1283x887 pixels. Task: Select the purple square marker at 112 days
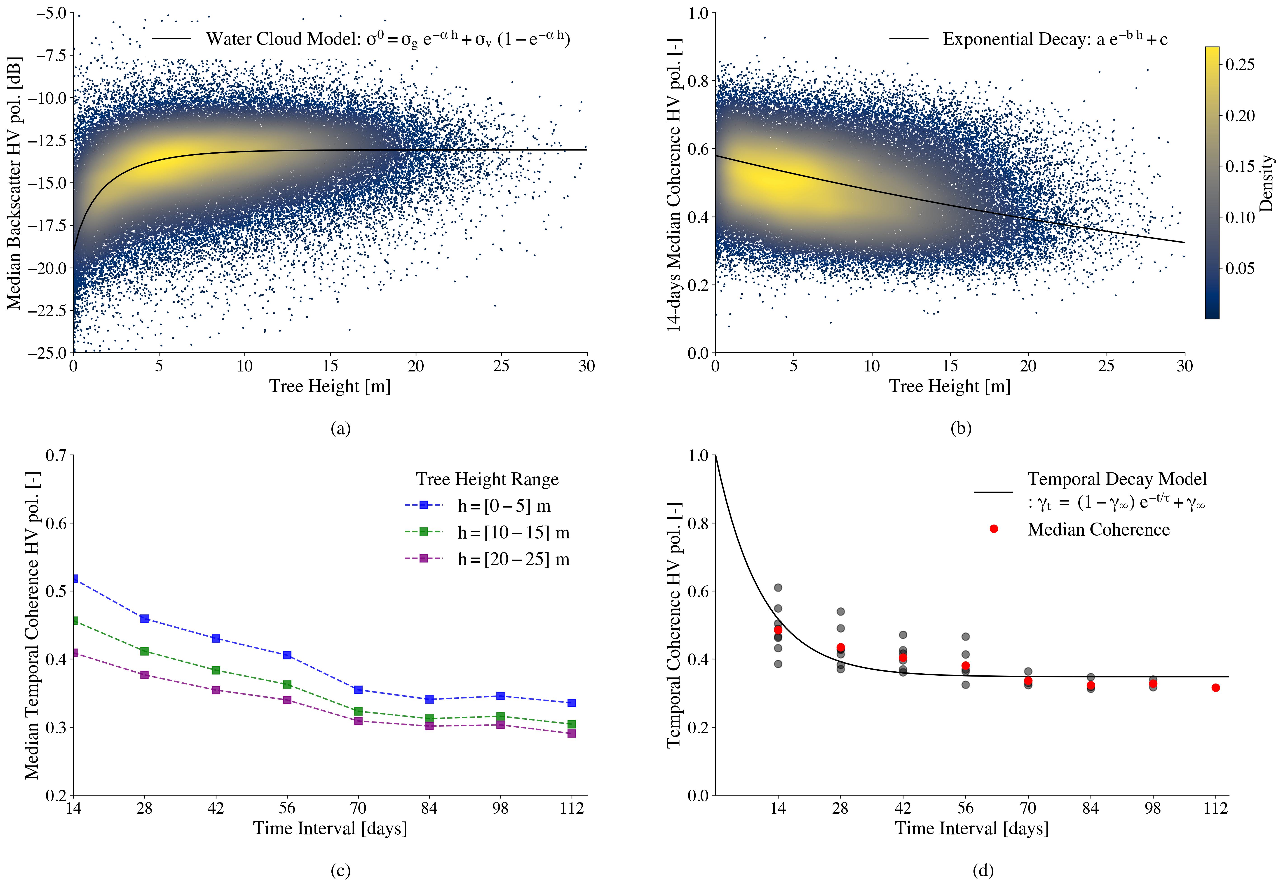pyautogui.click(x=571, y=734)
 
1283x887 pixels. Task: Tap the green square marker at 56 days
pyautogui.click(x=287, y=684)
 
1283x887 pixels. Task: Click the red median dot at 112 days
pyautogui.click(x=1216, y=687)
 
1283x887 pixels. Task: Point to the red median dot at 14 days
pyautogui.click(x=778, y=630)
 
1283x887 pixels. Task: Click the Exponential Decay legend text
pyautogui.click(x=1055, y=40)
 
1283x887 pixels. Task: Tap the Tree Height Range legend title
pyautogui.click(x=487, y=479)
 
